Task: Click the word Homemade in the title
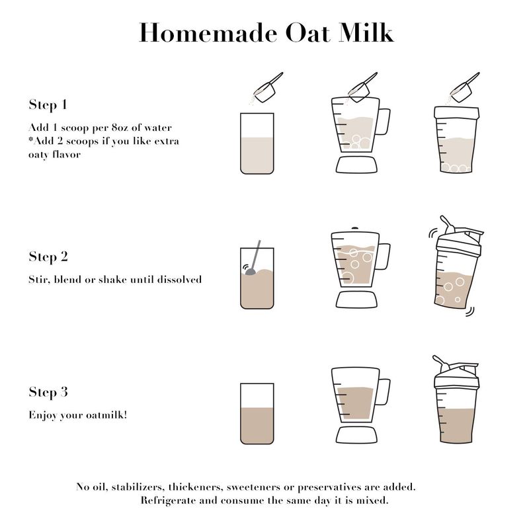(208, 32)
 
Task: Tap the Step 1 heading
(48, 104)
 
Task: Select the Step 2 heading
(48, 257)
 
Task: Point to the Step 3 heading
(48, 392)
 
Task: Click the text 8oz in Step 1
(120, 128)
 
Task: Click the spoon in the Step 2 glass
(253, 258)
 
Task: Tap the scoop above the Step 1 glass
(268, 88)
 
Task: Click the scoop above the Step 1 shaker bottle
(465, 88)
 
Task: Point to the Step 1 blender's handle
(384, 122)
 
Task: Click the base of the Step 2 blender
(356, 300)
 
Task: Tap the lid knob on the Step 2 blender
(354, 228)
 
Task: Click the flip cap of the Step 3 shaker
(441, 363)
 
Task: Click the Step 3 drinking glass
(257, 414)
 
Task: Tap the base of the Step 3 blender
(356, 434)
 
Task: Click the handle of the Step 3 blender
(384, 391)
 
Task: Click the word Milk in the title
(366, 32)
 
